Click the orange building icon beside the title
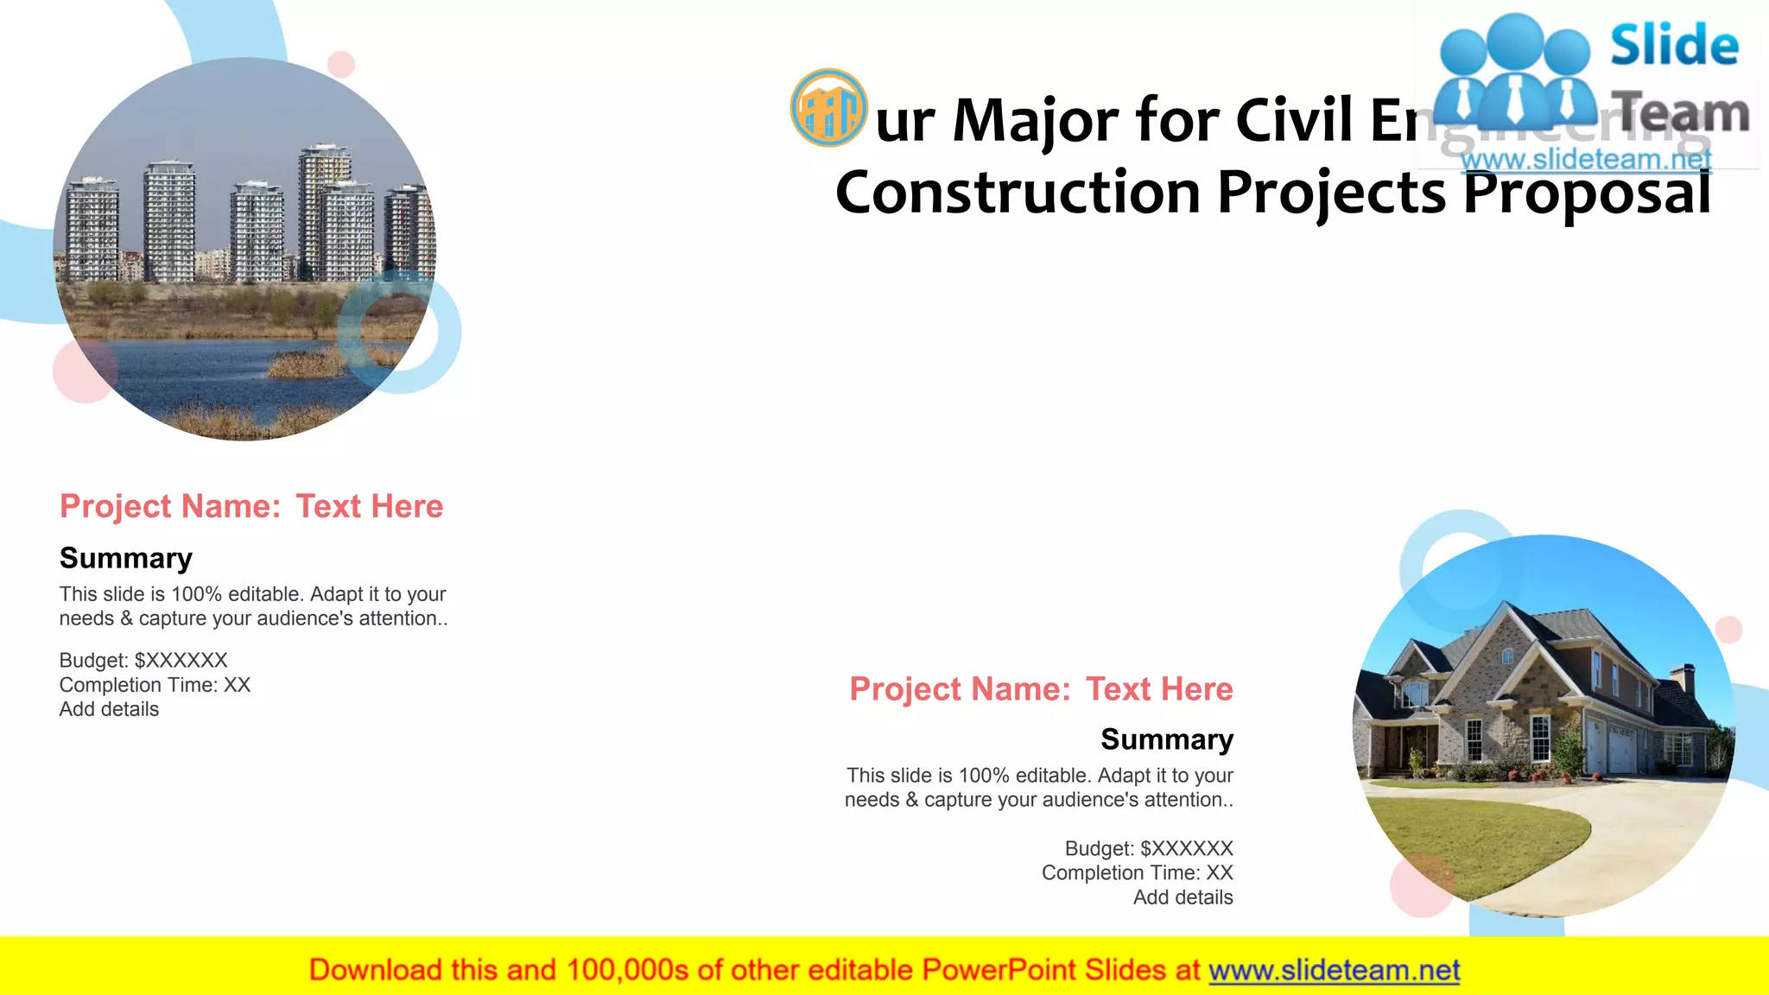pyautogui.click(x=828, y=108)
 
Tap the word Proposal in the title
pyautogui.click(x=1587, y=193)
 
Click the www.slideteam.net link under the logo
pyautogui.click(x=1586, y=160)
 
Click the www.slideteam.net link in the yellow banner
pyautogui.click(x=1334, y=970)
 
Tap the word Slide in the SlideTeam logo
pyautogui.click(x=1674, y=46)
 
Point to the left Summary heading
pyautogui.click(x=126, y=558)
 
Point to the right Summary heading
pyautogui.click(x=1166, y=739)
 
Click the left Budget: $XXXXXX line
pyautogui.click(x=143, y=661)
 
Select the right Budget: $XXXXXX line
pyautogui.click(x=1148, y=848)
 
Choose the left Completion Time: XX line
pyautogui.click(x=155, y=685)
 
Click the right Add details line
pyautogui.click(x=1183, y=897)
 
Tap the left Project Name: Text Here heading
pyautogui.click(x=251, y=506)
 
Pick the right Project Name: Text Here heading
pyautogui.click(x=1041, y=689)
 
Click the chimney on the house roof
pyautogui.click(x=1682, y=679)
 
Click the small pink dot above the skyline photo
pyautogui.click(x=341, y=64)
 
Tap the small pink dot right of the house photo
pyautogui.click(x=1728, y=630)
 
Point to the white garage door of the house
pyautogui.click(x=1620, y=749)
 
